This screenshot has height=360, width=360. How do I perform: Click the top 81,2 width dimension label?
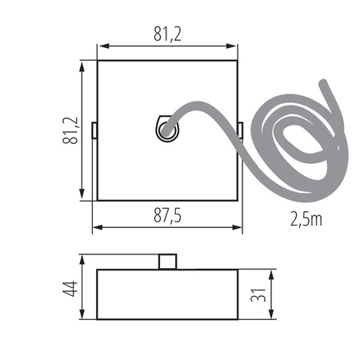[167, 34]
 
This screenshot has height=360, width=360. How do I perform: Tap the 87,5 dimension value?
[167, 215]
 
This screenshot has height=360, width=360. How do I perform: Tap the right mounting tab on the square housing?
[241, 130]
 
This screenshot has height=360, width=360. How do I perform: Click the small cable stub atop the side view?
[167, 262]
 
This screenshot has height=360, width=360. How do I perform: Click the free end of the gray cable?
[322, 84]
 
